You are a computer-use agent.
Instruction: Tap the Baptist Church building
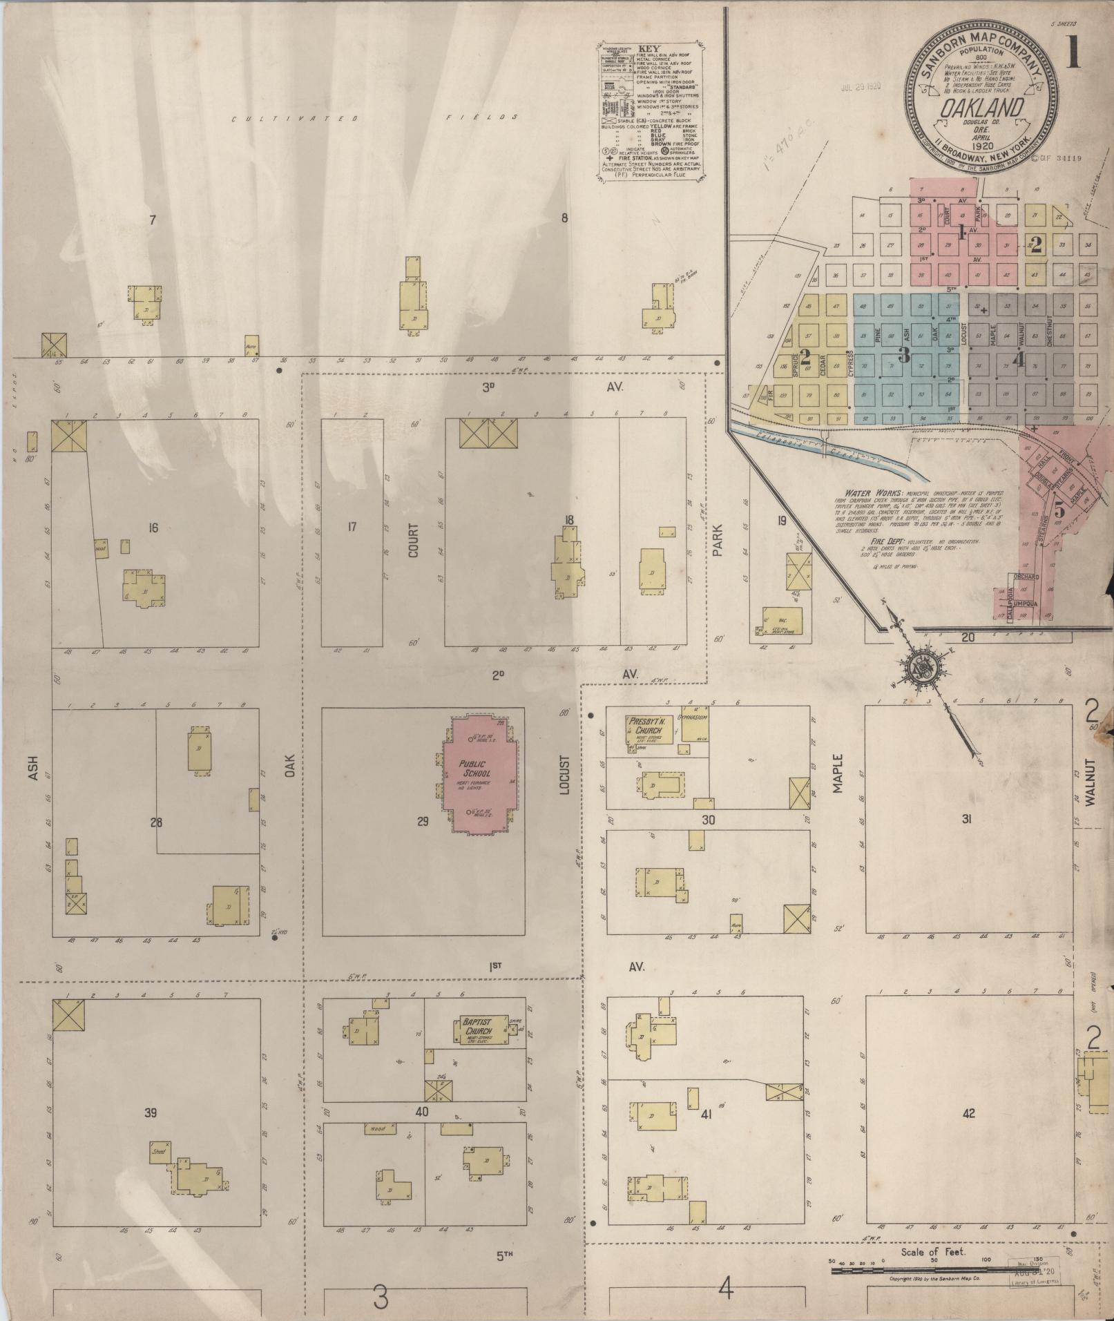[483, 1030]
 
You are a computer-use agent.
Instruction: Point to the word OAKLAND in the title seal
[980, 108]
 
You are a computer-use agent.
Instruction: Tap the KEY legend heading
[649, 49]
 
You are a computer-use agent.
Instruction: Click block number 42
[968, 1113]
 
